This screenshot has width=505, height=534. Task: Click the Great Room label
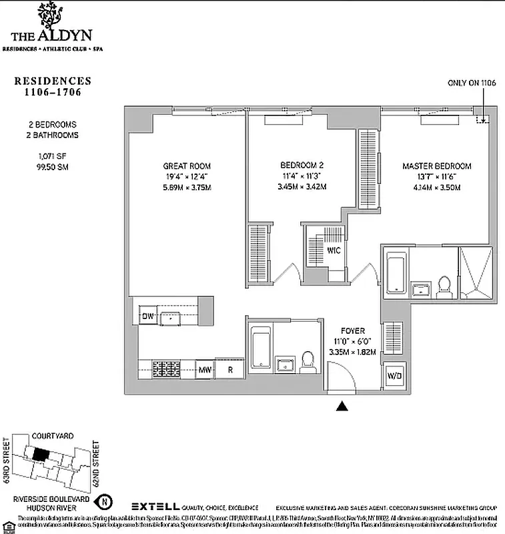click(187, 166)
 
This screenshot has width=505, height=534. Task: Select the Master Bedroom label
click(436, 166)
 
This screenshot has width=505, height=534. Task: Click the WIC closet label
click(334, 252)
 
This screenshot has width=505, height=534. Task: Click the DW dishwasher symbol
click(147, 316)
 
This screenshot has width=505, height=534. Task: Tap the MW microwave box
click(204, 369)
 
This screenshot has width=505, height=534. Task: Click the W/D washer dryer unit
click(394, 376)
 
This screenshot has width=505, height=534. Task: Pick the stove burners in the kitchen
click(165, 368)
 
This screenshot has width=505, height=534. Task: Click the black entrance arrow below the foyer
click(343, 405)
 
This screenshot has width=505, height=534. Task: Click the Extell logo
click(156, 507)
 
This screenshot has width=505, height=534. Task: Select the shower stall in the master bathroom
click(476, 273)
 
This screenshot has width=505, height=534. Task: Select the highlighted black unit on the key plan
click(41, 454)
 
